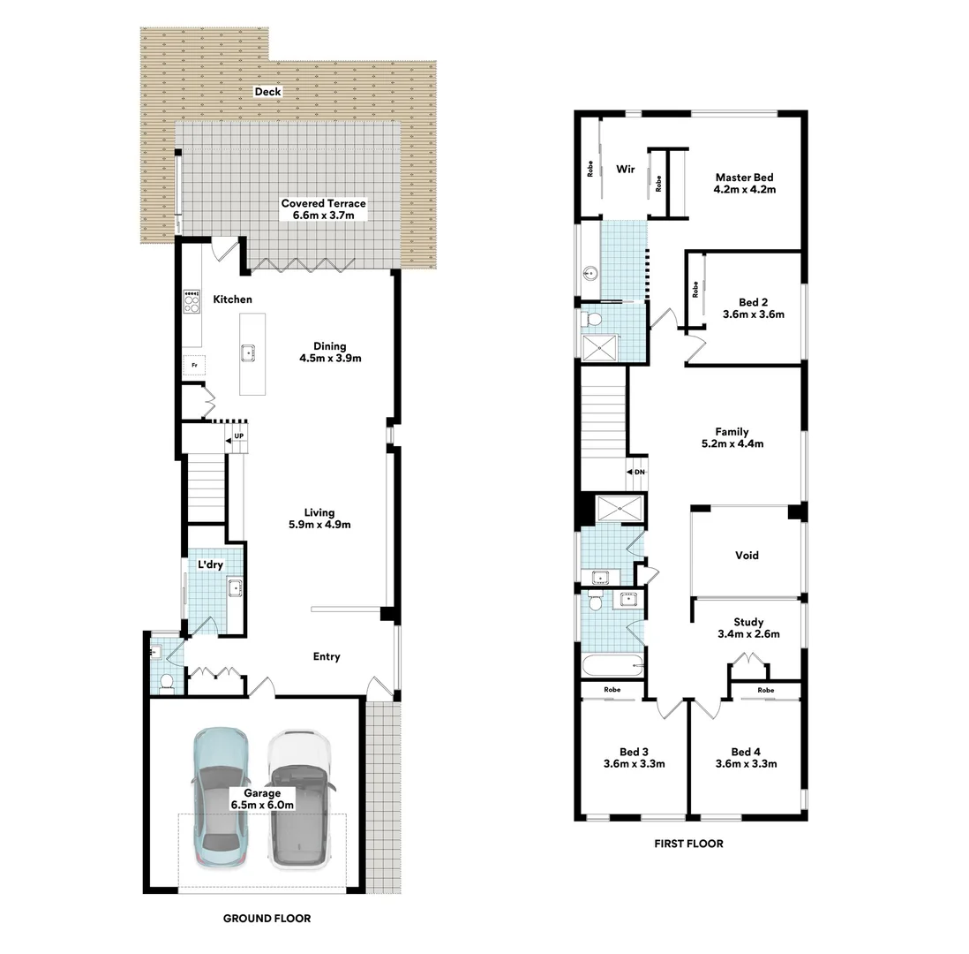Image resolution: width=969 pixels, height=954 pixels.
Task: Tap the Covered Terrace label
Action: click(x=323, y=209)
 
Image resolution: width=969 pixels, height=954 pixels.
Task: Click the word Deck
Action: click(x=267, y=91)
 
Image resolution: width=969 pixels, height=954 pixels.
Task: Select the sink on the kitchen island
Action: click(x=249, y=352)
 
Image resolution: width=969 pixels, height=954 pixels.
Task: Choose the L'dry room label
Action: click(x=209, y=565)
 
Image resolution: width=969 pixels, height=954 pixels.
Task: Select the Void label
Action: click(x=747, y=556)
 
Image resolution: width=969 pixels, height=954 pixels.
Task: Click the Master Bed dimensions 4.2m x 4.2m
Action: click(x=745, y=188)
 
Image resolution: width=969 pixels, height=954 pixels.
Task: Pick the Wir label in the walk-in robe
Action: click(x=626, y=168)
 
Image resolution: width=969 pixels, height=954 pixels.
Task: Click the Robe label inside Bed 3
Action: click(x=612, y=689)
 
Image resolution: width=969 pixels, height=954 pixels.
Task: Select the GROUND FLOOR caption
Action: click(x=267, y=919)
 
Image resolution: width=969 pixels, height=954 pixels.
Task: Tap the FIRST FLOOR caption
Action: click(x=688, y=844)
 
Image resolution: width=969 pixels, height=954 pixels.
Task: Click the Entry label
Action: click(x=327, y=656)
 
